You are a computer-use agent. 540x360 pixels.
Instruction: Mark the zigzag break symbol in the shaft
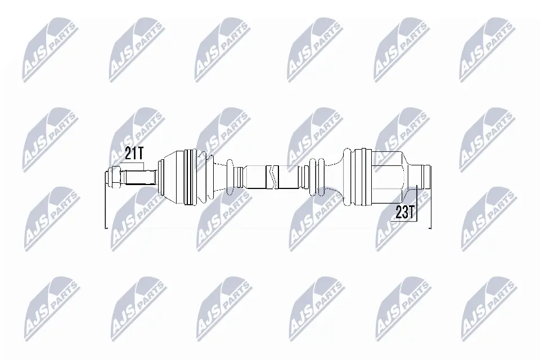coord(272,177)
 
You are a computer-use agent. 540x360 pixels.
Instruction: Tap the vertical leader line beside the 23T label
coord(416,202)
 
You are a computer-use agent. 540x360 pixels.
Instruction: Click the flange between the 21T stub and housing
coord(159,177)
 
